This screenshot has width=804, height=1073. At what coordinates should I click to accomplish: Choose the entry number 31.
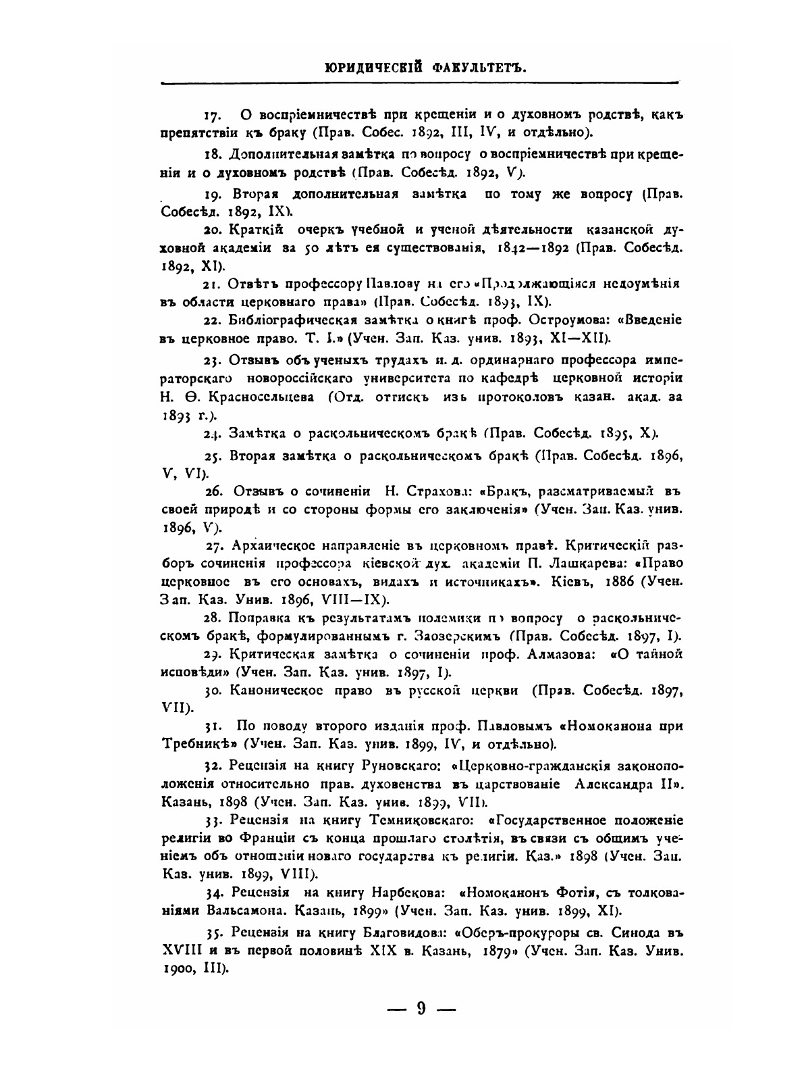pos(213,726)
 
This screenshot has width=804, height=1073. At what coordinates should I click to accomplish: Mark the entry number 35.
pos(213,932)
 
